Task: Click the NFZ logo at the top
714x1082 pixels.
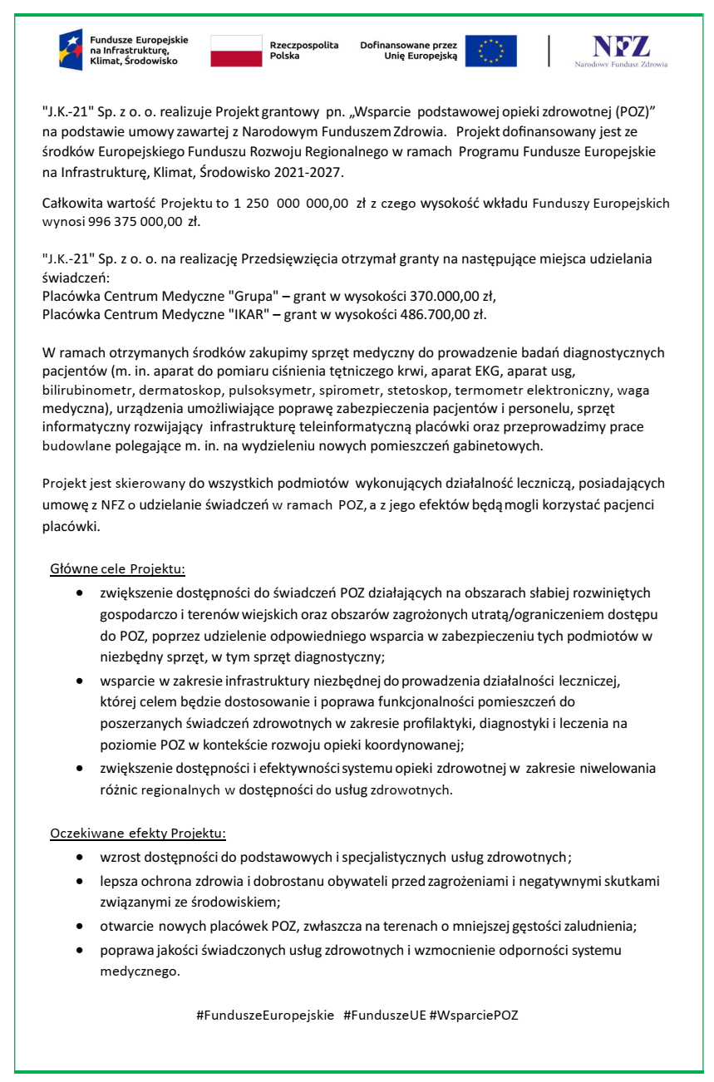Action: [x=621, y=50]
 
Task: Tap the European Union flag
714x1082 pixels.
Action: [x=490, y=51]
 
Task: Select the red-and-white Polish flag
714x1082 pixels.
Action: [x=237, y=51]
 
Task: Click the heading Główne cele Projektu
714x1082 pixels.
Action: [x=117, y=570]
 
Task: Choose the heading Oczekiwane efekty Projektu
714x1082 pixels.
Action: [x=138, y=833]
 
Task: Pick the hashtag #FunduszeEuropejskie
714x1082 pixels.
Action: [x=265, y=1015]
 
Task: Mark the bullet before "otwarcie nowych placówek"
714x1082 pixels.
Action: [x=79, y=926]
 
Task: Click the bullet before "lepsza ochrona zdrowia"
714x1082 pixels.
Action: [x=79, y=879]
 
